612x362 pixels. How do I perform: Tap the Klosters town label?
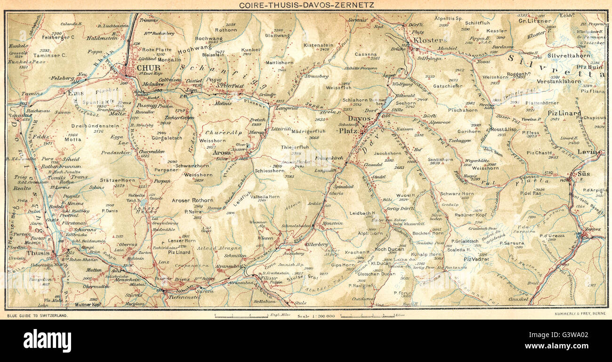pos(430,40)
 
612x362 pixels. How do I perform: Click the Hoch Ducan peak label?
pos(387,249)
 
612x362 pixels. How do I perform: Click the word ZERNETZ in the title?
pos(345,5)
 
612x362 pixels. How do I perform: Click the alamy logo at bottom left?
pos(47,340)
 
